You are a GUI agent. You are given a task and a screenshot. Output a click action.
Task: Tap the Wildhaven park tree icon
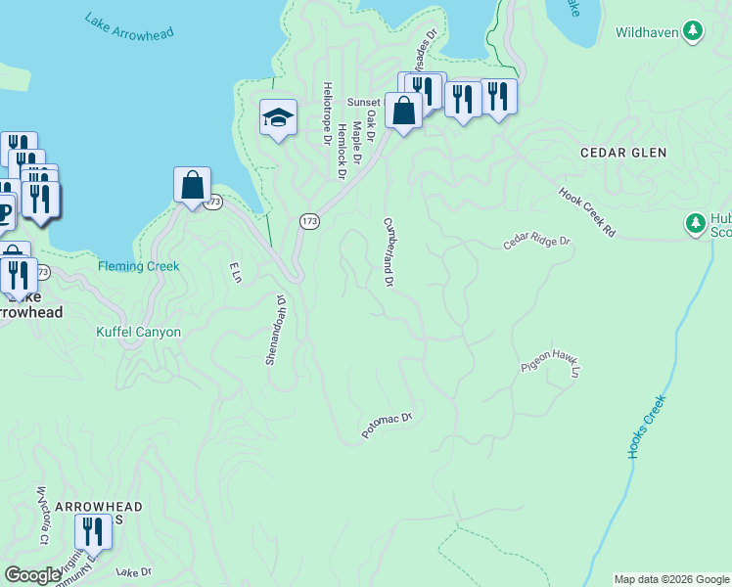point(694,31)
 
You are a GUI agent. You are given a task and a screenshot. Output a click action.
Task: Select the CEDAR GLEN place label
point(622,153)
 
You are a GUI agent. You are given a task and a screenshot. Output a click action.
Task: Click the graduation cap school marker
point(278,118)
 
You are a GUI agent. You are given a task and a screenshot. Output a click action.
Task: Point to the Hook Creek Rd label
point(586,211)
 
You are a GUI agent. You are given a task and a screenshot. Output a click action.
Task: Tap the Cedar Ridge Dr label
point(537,241)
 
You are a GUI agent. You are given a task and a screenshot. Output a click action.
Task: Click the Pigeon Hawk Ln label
point(552,365)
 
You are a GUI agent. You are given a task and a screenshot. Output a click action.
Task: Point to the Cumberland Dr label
point(388,251)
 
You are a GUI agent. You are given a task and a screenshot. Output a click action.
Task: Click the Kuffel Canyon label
point(138,333)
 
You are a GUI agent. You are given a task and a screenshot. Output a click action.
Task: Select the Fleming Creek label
point(138,266)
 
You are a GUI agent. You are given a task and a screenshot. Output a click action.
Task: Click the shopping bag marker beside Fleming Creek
point(192,184)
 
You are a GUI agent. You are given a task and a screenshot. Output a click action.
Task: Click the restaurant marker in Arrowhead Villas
point(92,531)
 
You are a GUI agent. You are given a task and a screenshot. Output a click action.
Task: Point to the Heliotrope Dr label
point(328,112)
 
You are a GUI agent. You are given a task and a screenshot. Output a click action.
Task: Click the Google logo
point(33,575)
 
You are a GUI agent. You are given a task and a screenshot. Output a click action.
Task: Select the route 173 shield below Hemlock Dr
point(309,221)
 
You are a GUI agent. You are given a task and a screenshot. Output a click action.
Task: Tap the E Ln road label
point(235,272)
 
